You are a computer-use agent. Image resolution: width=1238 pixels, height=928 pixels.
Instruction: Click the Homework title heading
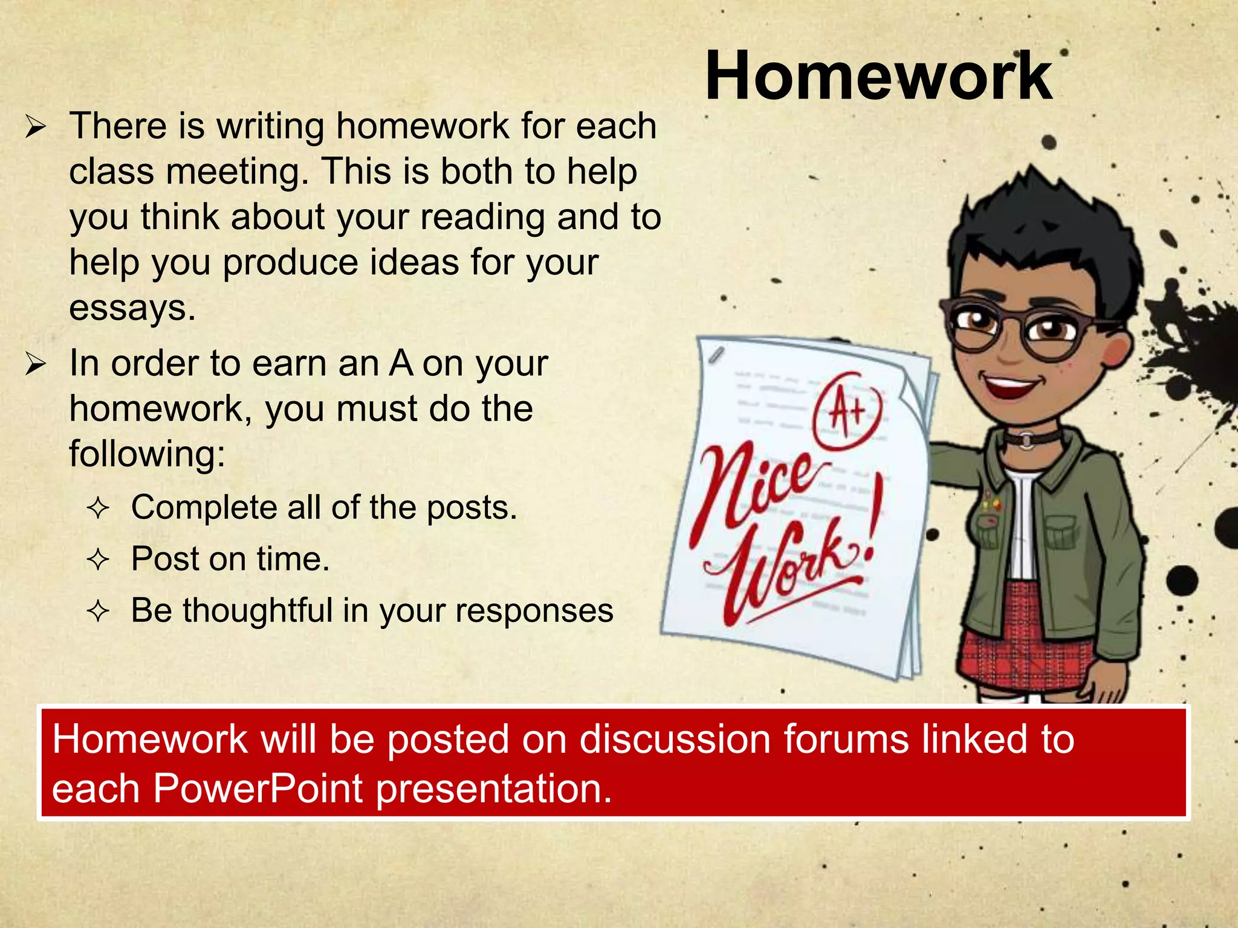[878, 77]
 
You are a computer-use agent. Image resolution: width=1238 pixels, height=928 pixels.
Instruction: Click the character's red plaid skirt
[1028, 640]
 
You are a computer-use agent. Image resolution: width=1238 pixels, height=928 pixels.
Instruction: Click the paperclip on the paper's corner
[716, 355]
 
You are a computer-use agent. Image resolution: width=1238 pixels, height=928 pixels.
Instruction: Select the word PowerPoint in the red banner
[258, 788]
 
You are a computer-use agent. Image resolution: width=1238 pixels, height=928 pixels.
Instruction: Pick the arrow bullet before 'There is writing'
[36, 127]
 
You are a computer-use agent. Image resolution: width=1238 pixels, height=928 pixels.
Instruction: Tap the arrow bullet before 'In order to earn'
[36, 365]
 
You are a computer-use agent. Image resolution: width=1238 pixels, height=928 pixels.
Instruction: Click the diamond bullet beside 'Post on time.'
[97, 560]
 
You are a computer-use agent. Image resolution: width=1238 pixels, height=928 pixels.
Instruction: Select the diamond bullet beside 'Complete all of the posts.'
[97, 509]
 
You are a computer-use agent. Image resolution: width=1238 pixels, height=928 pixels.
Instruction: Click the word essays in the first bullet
[132, 308]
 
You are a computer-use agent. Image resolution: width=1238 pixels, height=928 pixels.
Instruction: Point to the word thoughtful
[258, 610]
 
